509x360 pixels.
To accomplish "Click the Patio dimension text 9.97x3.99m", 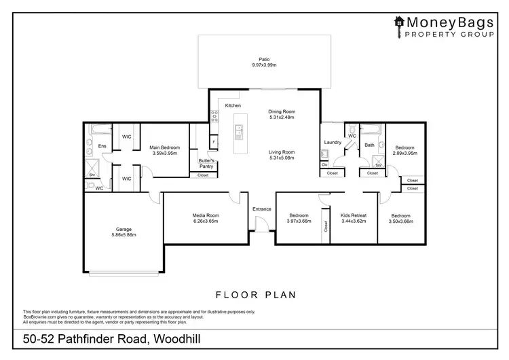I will [264, 65].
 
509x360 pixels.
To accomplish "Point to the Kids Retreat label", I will [353, 215].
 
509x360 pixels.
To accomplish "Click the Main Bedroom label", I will [165, 147].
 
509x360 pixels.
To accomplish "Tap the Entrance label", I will [261, 209].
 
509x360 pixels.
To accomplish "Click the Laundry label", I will [332, 142].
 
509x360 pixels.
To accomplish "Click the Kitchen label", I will [233, 106].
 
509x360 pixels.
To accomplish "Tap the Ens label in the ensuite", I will [102, 147].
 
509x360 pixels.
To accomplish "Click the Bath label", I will [370, 145].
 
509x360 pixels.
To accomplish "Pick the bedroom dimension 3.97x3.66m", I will [298, 221].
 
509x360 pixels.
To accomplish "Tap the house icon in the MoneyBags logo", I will [399, 21].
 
